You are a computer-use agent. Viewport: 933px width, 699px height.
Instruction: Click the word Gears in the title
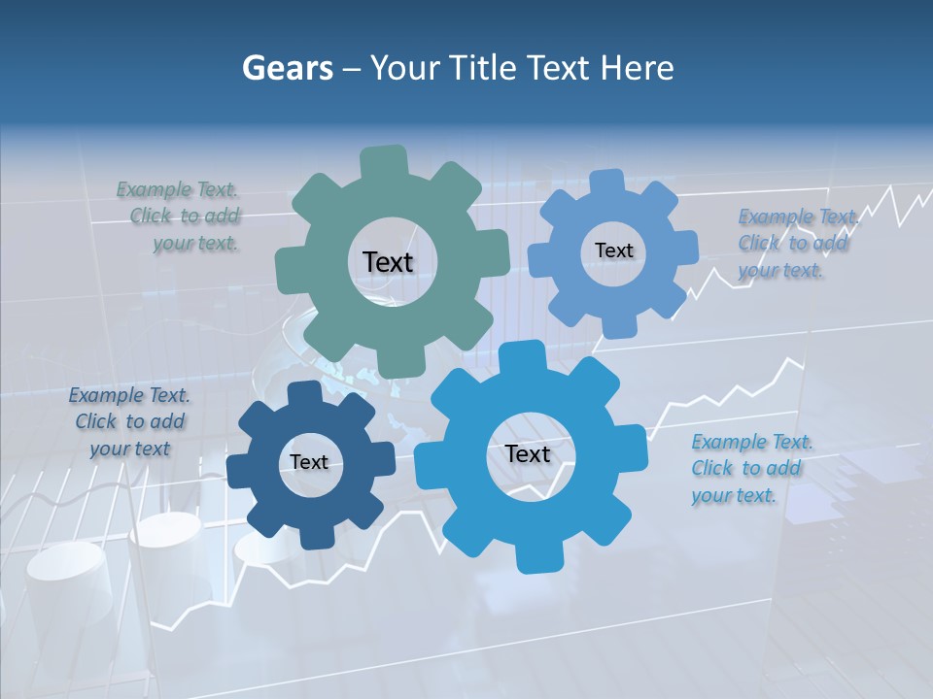(288, 68)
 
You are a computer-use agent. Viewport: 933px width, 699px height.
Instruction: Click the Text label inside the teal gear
(388, 262)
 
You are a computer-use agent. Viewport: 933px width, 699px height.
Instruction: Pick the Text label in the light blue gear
(613, 250)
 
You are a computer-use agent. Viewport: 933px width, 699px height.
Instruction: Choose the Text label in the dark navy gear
(309, 462)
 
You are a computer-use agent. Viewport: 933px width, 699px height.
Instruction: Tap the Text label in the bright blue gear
(528, 453)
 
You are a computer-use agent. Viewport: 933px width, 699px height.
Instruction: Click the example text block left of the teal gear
(180, 216)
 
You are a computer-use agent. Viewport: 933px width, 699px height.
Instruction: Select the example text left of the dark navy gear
(129, 421)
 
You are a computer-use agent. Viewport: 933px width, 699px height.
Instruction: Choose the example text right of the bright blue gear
(750, 468)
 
